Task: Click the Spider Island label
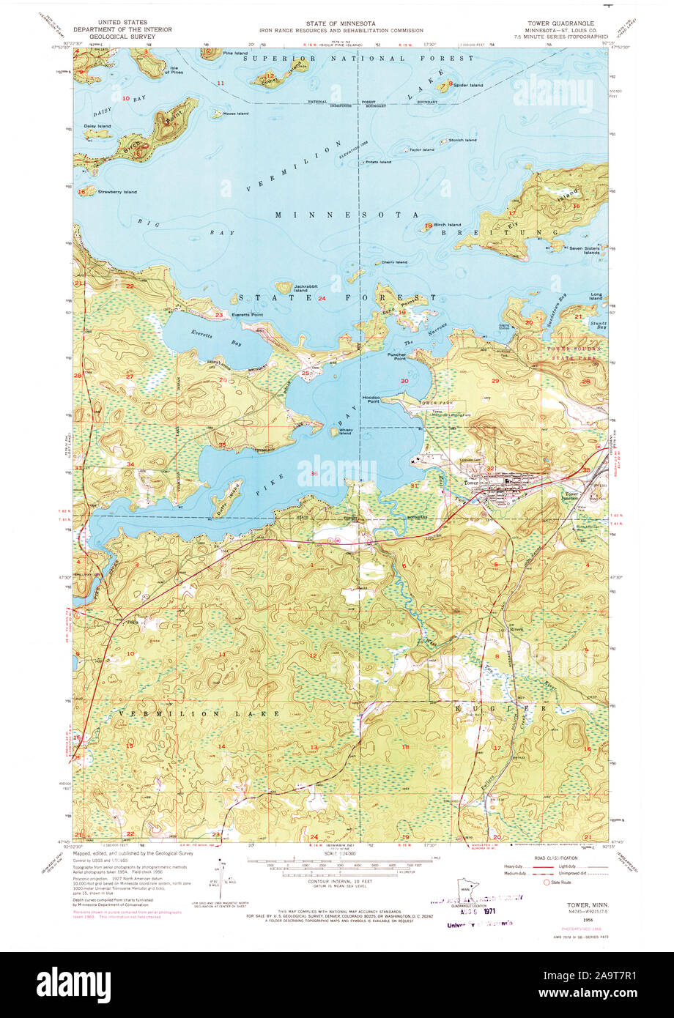click(468, 86)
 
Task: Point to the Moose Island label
click(236, 114)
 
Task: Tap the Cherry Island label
click(394, 262)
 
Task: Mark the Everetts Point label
click(247, 314)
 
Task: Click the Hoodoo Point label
click(369, 399)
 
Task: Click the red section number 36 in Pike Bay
click(314, 474)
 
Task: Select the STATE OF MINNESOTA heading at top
click(340, 23)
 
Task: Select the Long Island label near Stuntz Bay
click(595, 297)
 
